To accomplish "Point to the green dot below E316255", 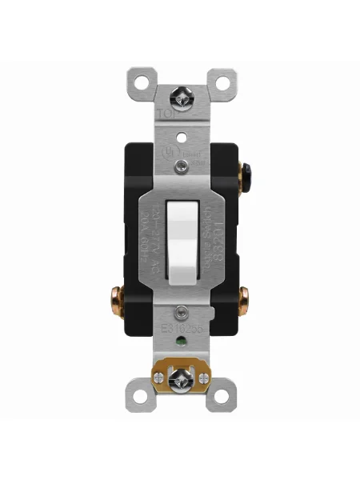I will click(180, 346).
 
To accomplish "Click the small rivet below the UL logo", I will click(180, 166).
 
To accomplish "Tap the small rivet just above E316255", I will click(180, 311).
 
